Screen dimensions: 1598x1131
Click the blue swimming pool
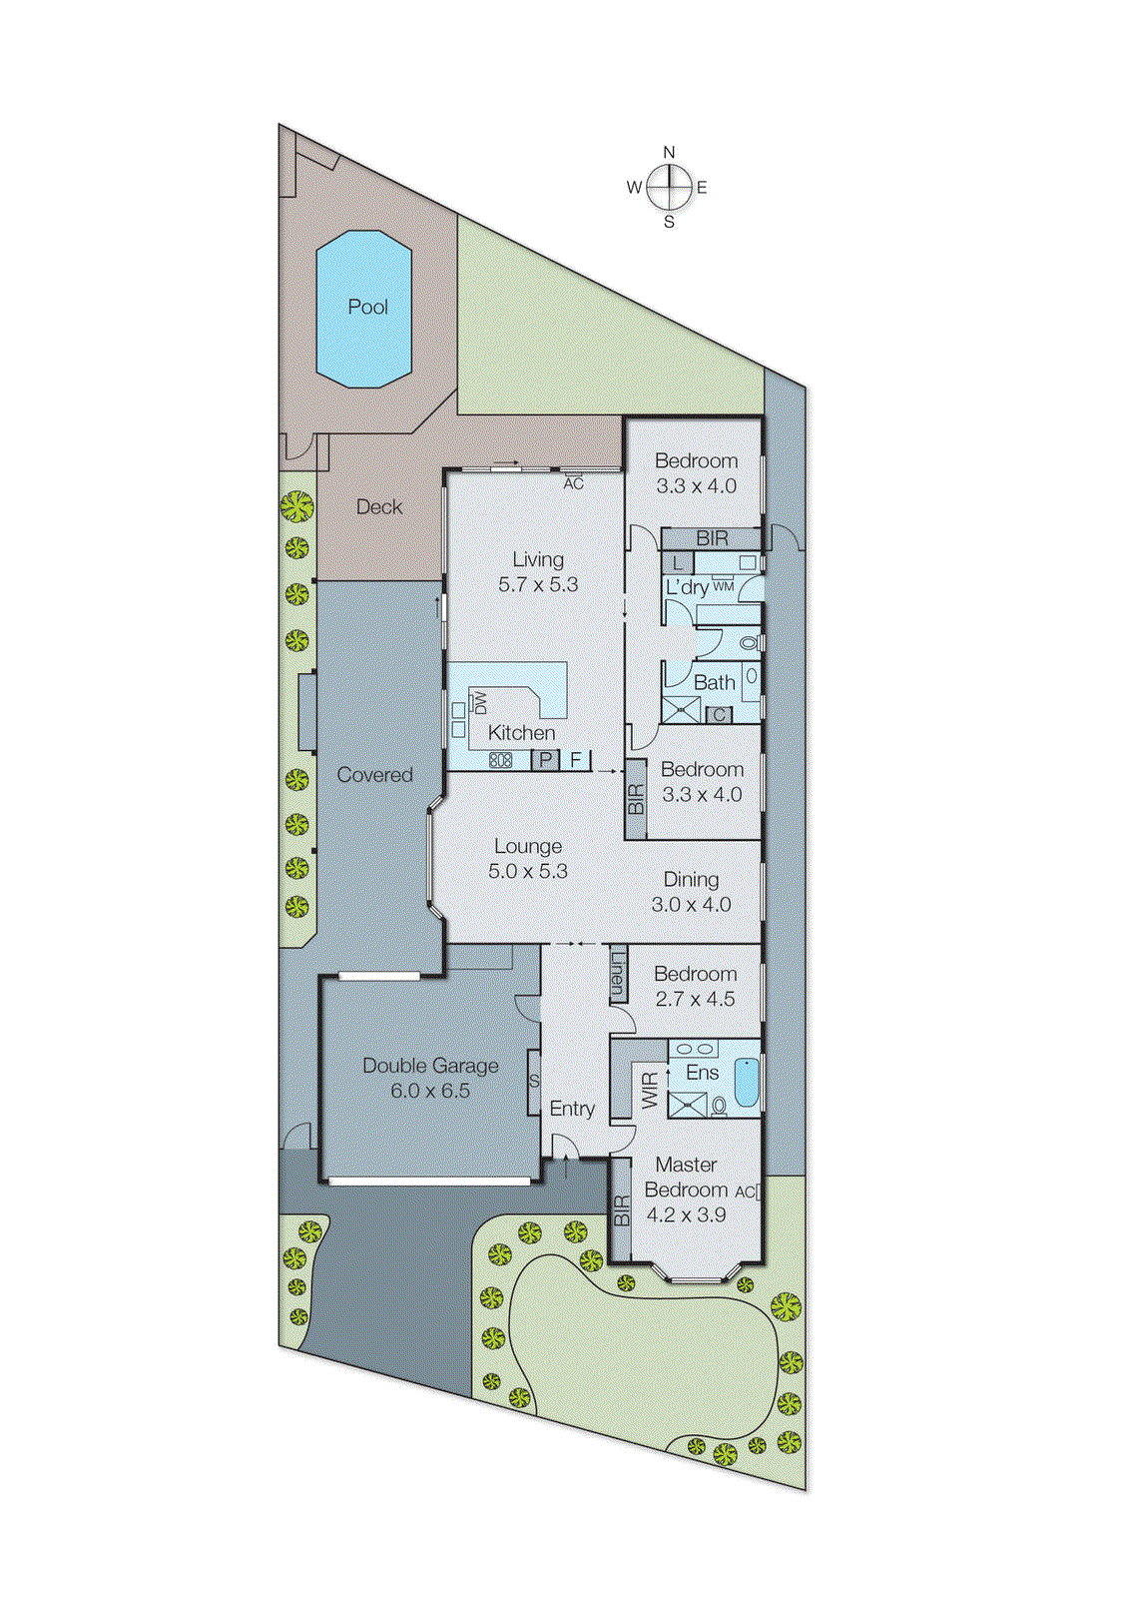(x=364, y=308)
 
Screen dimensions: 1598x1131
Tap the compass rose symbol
(x=669, y=187)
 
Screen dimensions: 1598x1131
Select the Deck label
(x=379, y=507)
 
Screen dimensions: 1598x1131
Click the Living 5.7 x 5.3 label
(x=538, y=572)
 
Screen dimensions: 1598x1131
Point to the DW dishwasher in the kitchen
(x=480, y=702)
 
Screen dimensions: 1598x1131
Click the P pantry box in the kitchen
(x=545, y=760)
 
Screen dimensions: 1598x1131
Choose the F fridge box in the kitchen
(x=576, y=760)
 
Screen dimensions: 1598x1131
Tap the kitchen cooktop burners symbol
(x=500, y=760)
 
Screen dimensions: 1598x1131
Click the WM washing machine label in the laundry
(x=723, y=586)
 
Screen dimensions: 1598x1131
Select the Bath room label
(x=714, y=683)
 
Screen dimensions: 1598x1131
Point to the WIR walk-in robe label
(x=650, y=1090)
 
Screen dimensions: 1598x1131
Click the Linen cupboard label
(x=618, y=975)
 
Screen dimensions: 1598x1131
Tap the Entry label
(x=572, y=1109)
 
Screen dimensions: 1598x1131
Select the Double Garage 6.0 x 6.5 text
(x=430, y=1079)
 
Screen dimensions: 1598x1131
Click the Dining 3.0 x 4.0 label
(x=691, y=892)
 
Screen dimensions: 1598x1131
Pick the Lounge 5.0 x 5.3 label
(x=528, y=859)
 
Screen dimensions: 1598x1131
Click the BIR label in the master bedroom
(x=622, y=1211)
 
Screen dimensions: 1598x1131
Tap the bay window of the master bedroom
(x=697, y=1275)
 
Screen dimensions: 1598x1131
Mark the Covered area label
(x=374, y=775)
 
